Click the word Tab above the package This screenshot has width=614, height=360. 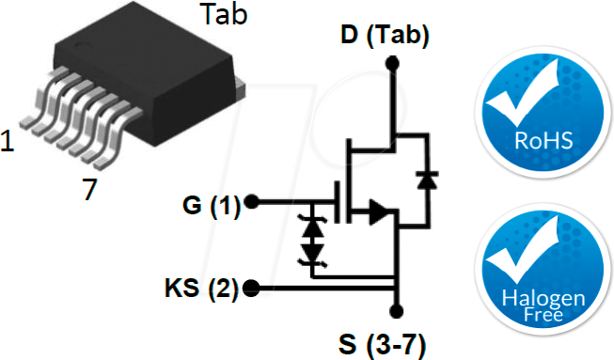[x=224, y=15]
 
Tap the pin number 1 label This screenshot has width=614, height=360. [x=8, y=142]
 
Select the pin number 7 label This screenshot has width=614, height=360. [x=89, y=190]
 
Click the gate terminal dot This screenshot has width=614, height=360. [x=251, y=203]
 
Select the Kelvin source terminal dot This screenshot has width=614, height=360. [x=251, y=288]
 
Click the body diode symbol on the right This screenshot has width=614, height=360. [x=429, y=178]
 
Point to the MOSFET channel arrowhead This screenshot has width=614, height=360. [x=378, y=211]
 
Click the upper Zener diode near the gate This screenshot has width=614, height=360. [x=311, y=227]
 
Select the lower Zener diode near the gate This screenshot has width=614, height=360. [x=311, y=253]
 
